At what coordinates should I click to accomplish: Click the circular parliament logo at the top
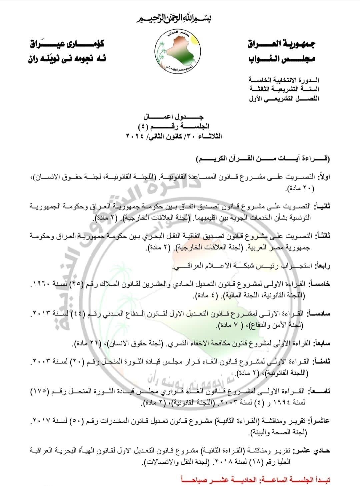click(x=179, y=51)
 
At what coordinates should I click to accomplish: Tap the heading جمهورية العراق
click(x=282, y=44)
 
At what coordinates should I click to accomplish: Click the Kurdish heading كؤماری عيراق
click(x=67, y=44)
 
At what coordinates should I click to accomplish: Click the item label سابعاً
click(x=322, y=343)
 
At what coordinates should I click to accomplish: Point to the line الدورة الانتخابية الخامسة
click(x=284, y=80)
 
